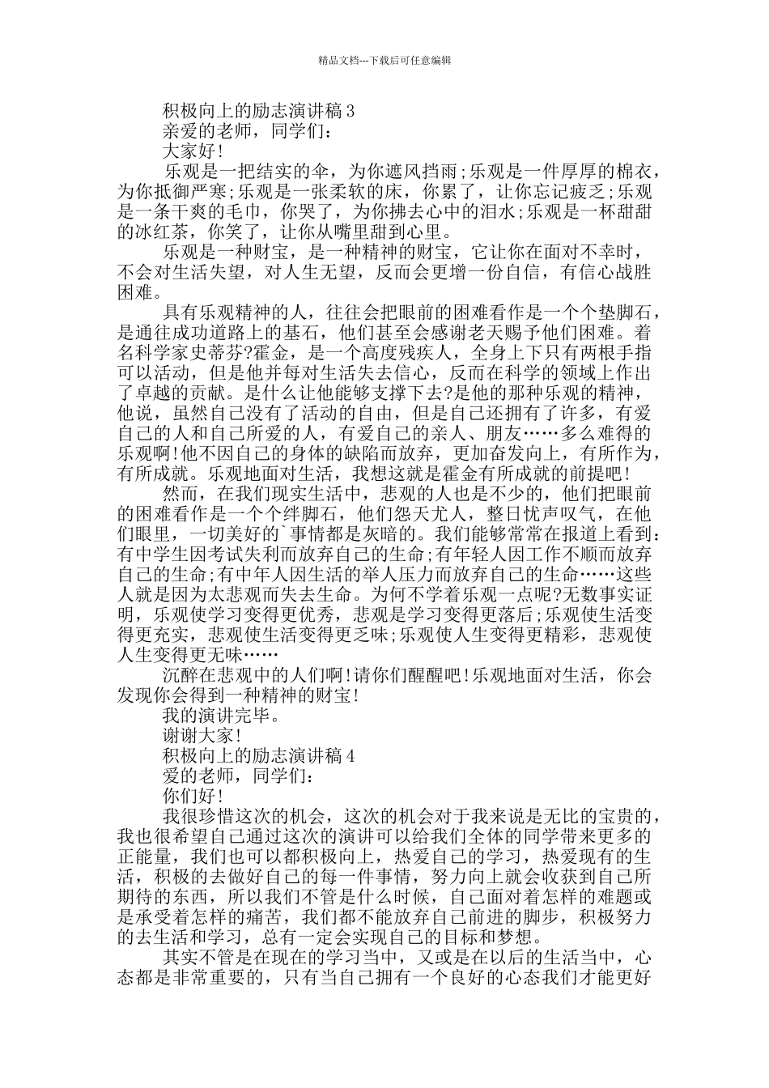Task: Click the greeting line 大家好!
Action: point(193,151)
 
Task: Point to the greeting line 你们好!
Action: point(193,796)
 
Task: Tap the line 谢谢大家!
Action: point(202,736)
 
